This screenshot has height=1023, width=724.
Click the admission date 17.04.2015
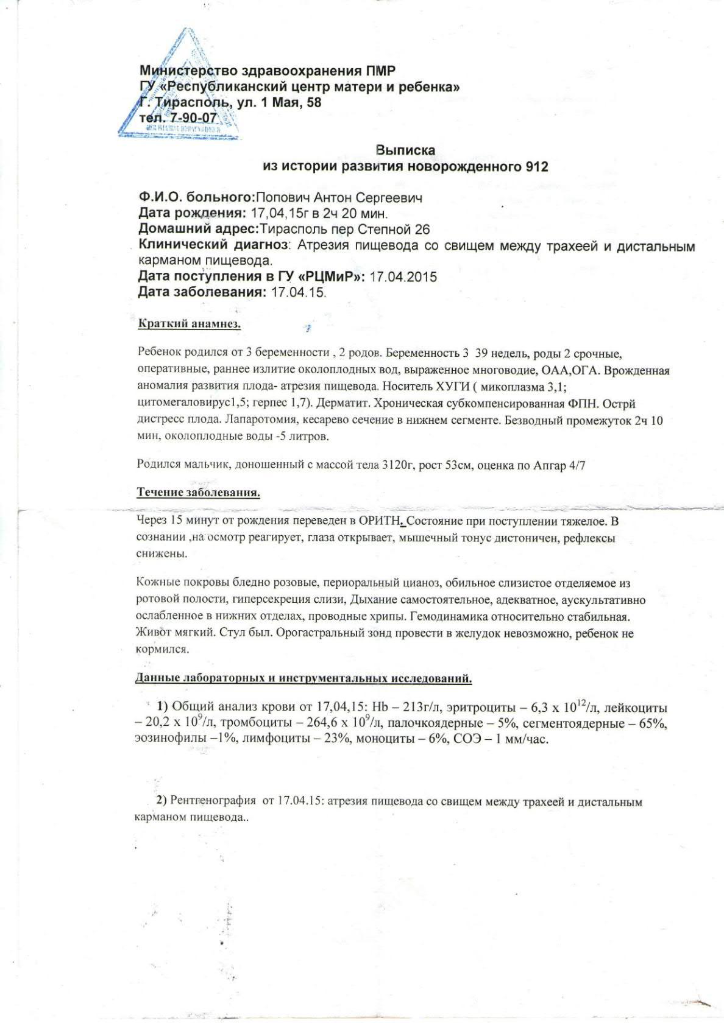click(x=403, y=276)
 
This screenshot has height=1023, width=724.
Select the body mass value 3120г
click(x=399, y=465)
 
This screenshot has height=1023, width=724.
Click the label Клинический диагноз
click(x=213, y=245)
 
